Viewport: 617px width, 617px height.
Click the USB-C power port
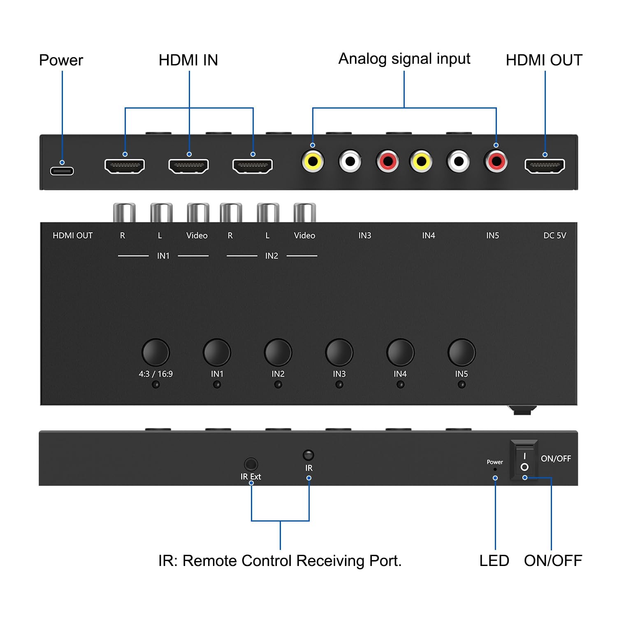pyautogui.click(x=62, y=170)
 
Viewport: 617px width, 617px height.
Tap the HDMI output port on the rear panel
pyautogui.click(x=545, y=166)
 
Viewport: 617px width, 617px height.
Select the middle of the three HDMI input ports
pyautogui.click(x=189, y=166)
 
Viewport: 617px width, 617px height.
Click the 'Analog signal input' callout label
pyautogui.click(x=404, y=59)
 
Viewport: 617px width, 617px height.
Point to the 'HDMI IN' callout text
pyautogui.click(x=188, y=60)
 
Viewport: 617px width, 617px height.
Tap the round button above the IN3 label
pyautogui.click(x=339, y=352)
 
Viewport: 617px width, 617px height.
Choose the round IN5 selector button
pyautogui.click(x=461, y=352)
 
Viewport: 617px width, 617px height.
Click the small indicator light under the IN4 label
pyautogui.click(x=400, y=385)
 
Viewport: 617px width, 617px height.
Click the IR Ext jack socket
pyautogui.click(x=251, y=464)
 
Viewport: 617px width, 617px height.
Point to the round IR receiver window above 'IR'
pyautogui.click(x=308, y=455)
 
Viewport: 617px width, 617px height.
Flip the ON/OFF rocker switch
pyautogui.click(x=524, y=460)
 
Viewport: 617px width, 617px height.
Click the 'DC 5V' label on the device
pyautogui.click(x=554, y=236)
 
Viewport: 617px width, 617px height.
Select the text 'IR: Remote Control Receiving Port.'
pyautogui.click(x=280, y=561)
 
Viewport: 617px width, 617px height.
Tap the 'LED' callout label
pyautogui.click(x=494, y=561)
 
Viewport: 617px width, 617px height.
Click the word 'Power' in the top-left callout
pyautogui.click(x=61, y=60)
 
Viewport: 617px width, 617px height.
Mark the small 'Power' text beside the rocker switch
pyautogui.click(x=495, y=462)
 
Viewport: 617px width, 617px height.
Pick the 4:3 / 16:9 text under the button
pyautogui.click(x=155, y=374)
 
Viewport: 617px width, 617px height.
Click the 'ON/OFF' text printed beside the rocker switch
pyautogui.click(x=556, y=458)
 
